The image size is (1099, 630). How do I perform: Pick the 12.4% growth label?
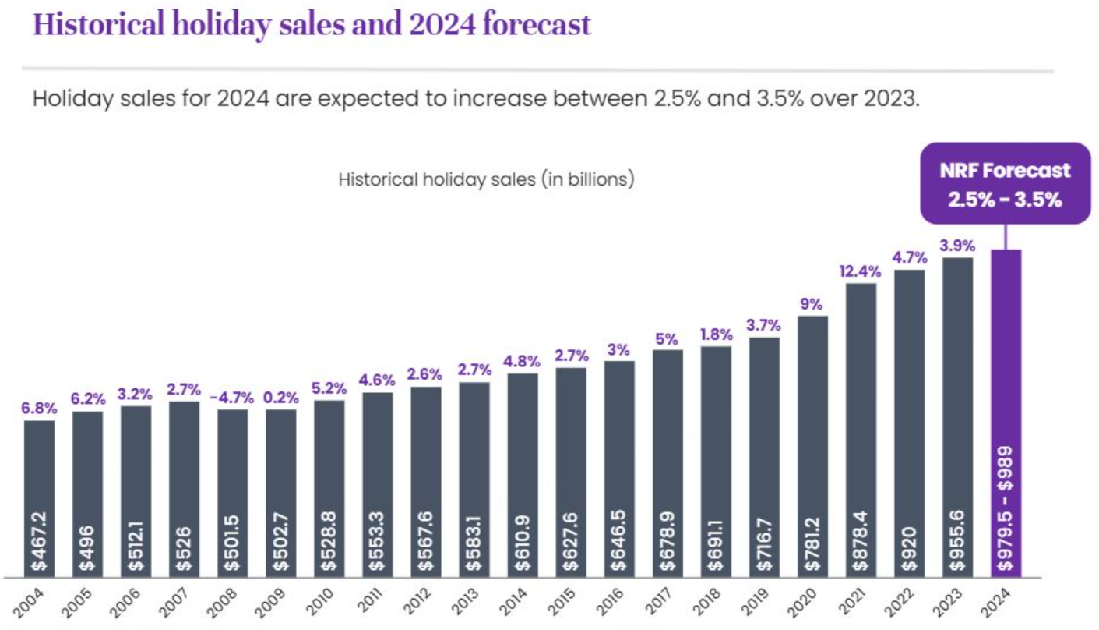(860, 271)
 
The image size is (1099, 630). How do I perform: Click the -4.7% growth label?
(231, 398)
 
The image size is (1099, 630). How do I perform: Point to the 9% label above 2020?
(812, 304)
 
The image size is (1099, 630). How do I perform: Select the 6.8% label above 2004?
(39, 409)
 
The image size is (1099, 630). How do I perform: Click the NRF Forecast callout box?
(1005, 183)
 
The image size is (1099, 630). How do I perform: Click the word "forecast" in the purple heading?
(537, 24)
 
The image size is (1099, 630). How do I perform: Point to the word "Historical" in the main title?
(93, 24)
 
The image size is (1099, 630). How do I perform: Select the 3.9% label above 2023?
(956, 246)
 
